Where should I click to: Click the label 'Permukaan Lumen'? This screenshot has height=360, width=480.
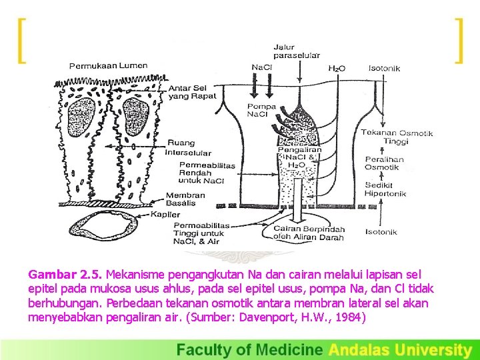[x=108, y=65]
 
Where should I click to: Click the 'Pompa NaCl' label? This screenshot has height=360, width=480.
[x=261, y=111]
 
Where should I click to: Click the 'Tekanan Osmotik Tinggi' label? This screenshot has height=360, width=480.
[x=397, y=137]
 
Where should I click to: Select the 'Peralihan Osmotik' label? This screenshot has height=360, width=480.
[x=382, y=164]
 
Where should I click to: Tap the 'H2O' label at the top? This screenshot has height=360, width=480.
[x=337, y=68]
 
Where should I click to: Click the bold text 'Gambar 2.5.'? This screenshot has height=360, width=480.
[x=65, y=274]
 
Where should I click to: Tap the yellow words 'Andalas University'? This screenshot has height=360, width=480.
[x=400, y=349]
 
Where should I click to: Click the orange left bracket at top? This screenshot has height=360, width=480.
[x=22, y=40]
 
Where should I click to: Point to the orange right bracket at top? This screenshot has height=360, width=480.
[x=458, y=40]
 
